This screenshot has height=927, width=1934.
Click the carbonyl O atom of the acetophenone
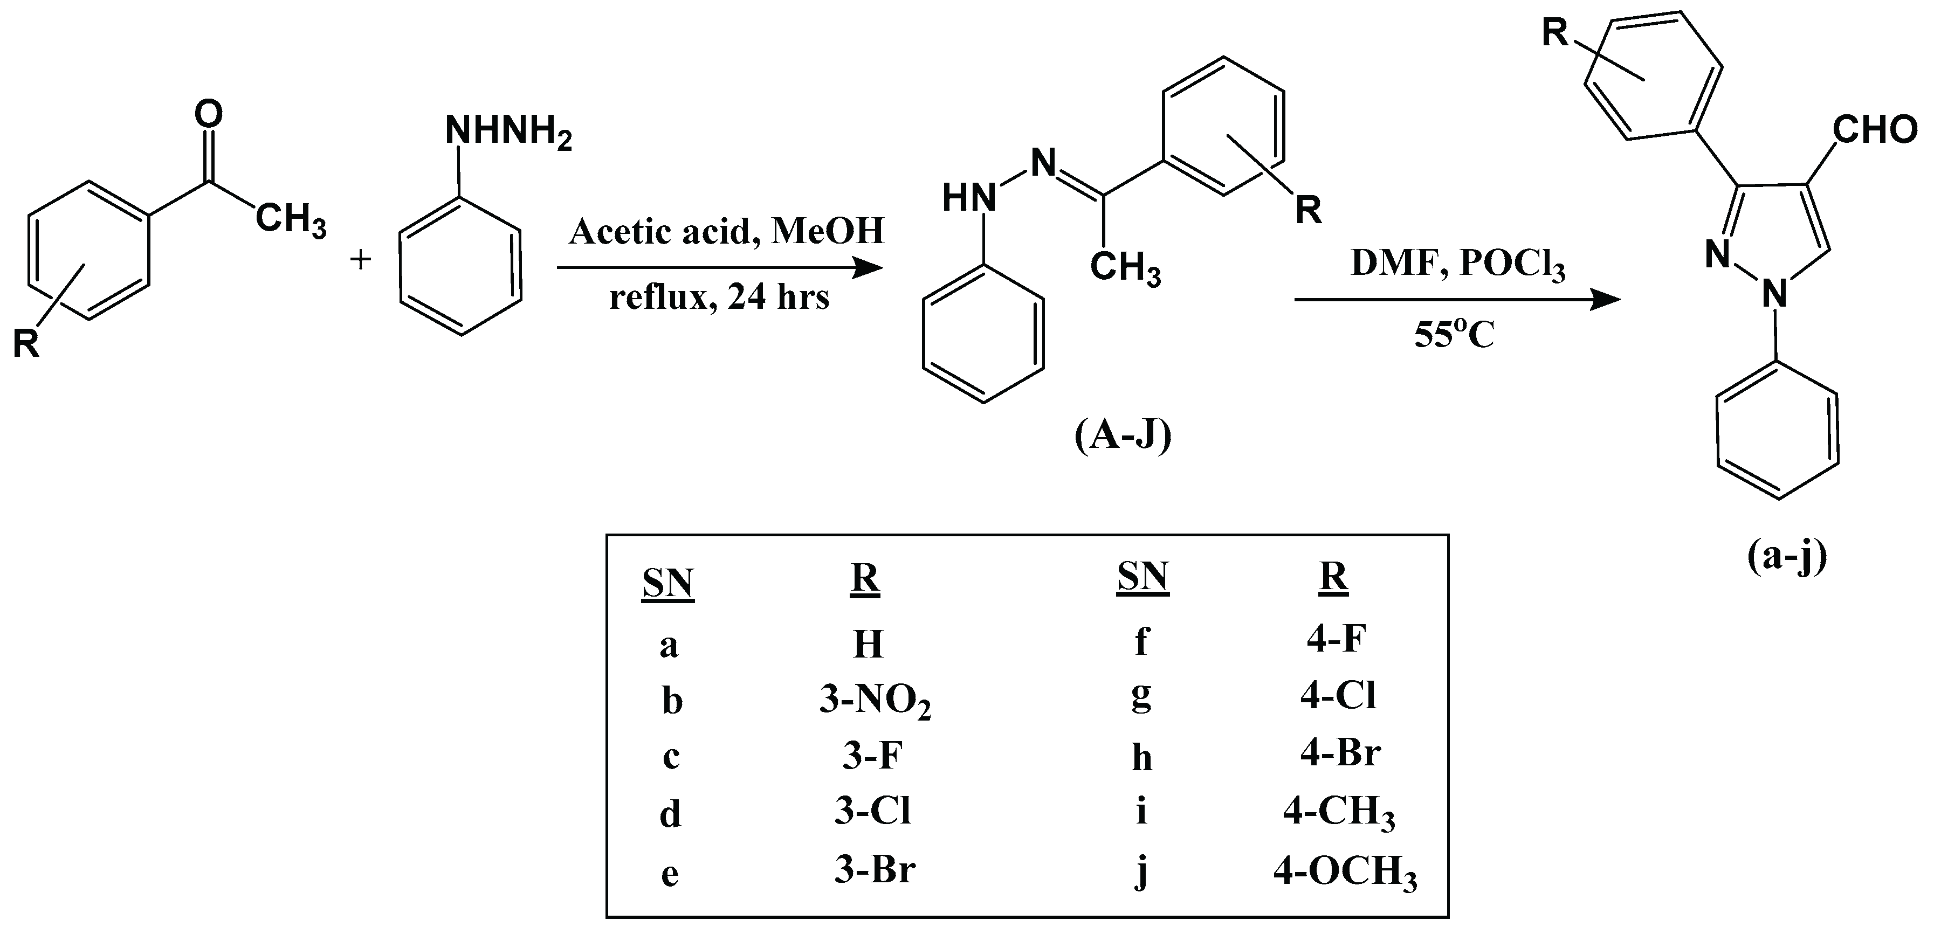point(208,115)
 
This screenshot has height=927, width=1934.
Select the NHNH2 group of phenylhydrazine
point(508,132)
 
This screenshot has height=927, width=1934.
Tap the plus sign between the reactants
point(361,260)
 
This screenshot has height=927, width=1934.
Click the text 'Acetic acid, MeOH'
point(726,231)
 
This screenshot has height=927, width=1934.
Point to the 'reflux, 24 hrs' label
point(719,298)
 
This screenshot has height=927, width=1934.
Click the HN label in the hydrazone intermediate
point(968,199)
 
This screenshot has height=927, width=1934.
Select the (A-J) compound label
point(1123,436)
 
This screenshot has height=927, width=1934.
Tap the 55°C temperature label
point(1454,336)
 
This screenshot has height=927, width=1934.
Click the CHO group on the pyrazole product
point(1875,130)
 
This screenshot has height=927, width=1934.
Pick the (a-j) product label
point(1786,557)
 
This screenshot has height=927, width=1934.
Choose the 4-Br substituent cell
point(1340,753)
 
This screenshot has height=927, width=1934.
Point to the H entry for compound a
point(868,645)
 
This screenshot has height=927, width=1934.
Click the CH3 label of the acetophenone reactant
point(291,220)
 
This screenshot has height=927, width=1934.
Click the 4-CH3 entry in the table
point(1339,813)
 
